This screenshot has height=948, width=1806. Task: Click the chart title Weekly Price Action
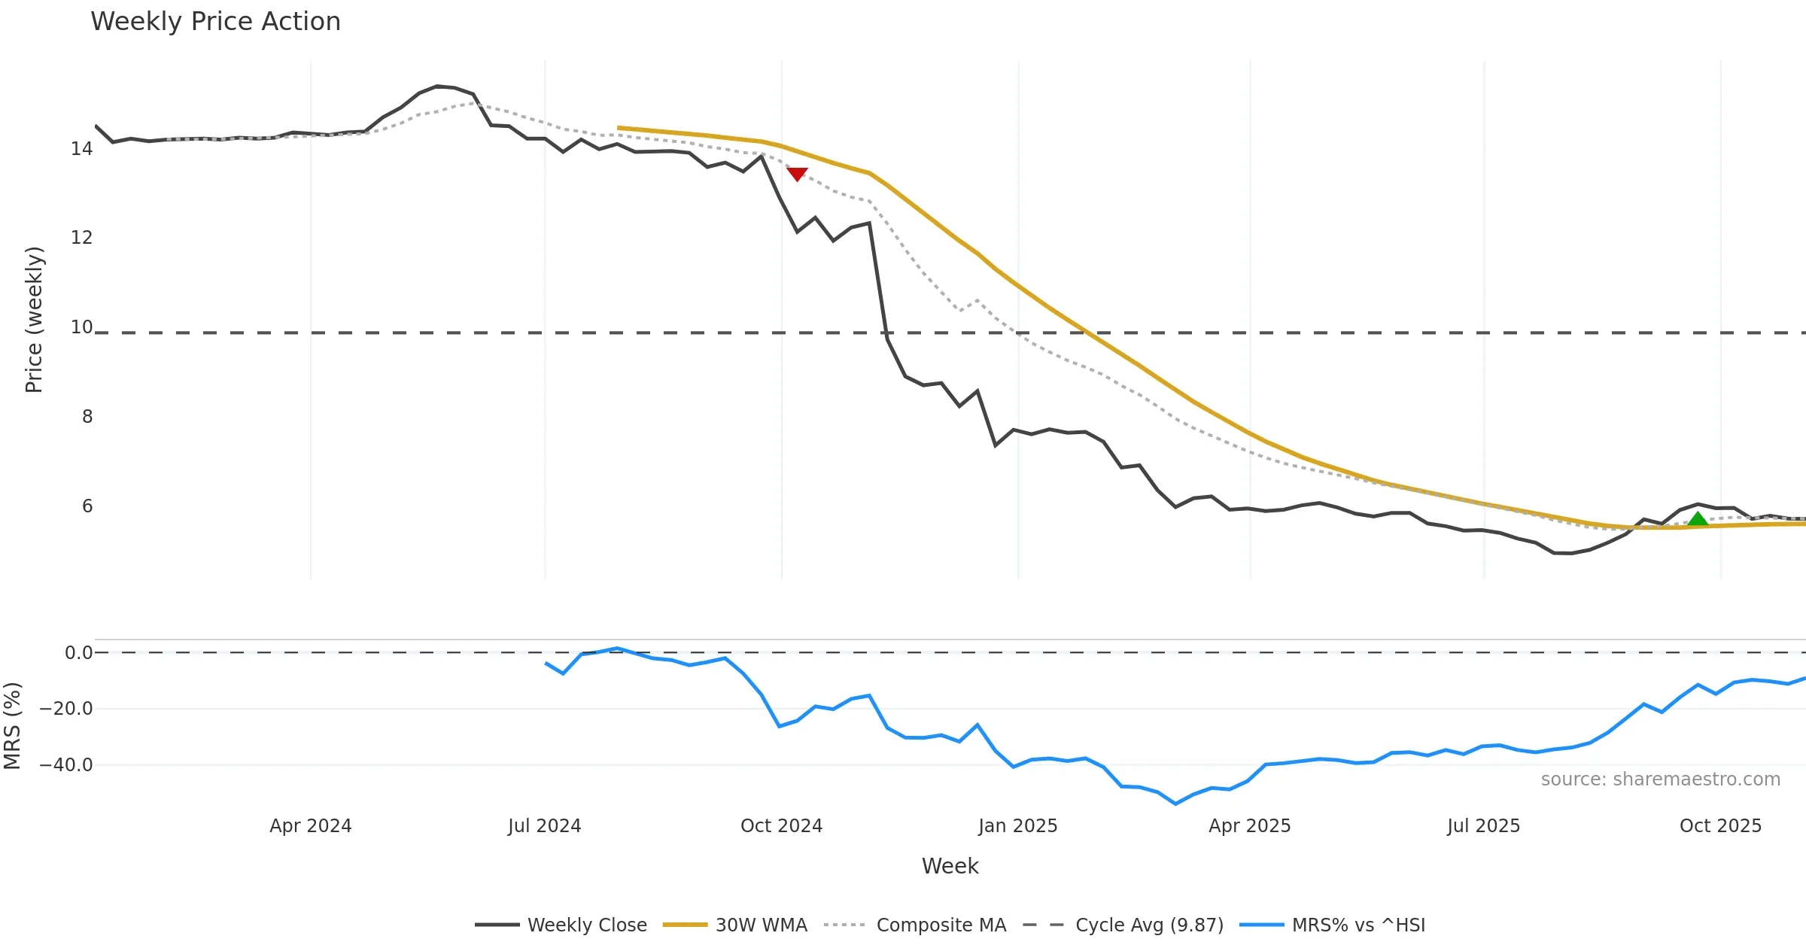[215, 22]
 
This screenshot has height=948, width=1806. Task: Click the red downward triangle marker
[797, 174]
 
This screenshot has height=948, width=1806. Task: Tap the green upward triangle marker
[1698, 519]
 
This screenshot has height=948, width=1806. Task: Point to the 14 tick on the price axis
[82, 149]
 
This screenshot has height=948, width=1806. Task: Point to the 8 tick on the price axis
[87, 417]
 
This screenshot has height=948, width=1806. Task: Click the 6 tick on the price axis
[87, 506]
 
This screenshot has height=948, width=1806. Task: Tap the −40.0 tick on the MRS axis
[66, 765]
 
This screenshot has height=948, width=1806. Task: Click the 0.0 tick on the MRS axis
[78, 653]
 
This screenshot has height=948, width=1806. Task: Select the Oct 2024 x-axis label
[781, 826]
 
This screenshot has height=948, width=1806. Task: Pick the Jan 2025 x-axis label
[1017, 826]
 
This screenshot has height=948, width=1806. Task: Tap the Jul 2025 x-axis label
[1483, 826]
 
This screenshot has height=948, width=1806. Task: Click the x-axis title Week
[950, 866]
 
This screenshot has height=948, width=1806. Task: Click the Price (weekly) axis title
[35, 320]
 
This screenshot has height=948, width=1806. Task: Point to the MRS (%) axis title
[13, 725]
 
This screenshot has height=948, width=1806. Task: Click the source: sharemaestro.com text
[1660, 779]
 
